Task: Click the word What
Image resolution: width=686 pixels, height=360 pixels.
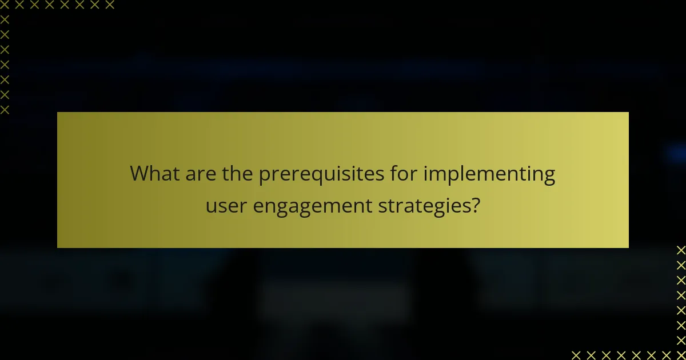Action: point(153,173)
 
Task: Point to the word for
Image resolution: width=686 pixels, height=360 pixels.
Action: point(402,173)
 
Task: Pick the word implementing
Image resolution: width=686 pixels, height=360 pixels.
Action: point(489,174)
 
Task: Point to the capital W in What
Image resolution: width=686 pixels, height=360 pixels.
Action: point(139,173)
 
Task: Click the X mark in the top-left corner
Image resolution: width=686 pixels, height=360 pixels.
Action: point(5,5)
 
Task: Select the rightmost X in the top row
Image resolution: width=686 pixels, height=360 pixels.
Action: point(110,5)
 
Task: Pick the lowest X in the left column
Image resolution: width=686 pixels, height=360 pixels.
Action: point(5,109)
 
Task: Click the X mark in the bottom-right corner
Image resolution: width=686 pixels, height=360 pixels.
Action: point(680,355)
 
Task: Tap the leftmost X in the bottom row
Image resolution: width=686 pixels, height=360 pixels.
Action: point(576,355)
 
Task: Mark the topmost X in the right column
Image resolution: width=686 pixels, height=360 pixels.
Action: point(680,250)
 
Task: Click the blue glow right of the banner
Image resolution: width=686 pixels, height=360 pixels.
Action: point(675,153)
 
